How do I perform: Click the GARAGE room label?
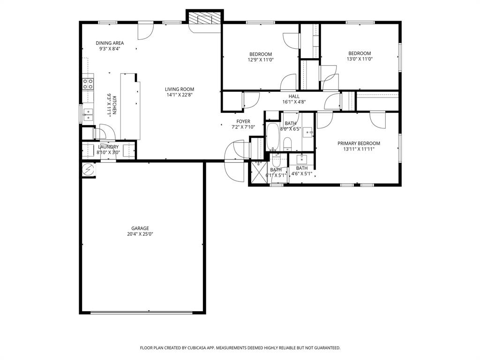click(x=141, y=228)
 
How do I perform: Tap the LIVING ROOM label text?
click(x=179, y=89)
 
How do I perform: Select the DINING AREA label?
click(x=110, y=43)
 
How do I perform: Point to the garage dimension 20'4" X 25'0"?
click(x=141, y=234)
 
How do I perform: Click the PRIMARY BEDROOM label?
click(x=359, y=143)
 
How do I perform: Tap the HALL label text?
click(x=294, y=96)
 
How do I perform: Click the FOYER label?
click(x=243, y=121)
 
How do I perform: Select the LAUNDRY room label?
click(x=108, y=147)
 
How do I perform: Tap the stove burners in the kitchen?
click(x=88, y=84)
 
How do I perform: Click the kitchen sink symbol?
click(x=88, y=113)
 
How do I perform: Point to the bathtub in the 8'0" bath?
click(x=273, y=135)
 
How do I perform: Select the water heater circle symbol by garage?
click(x=88, y=170)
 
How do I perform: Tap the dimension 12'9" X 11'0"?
click(x=261, y=60)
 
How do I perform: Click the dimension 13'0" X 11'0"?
click(x=359, y=59)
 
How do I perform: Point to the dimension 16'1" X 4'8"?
click(x=294, y=102)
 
